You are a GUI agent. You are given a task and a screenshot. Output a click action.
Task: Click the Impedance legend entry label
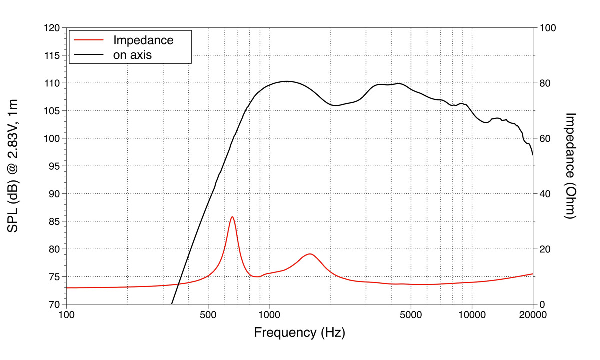143,40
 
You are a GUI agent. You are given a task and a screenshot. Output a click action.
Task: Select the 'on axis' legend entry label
132,55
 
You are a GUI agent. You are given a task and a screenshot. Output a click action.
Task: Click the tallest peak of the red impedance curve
232,217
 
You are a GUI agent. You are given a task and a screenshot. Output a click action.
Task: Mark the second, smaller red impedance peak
310,254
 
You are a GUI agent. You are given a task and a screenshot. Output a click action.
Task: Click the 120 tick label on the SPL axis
52,28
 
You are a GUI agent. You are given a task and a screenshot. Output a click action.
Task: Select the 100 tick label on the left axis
52,138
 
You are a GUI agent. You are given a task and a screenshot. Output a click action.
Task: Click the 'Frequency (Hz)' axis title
299,332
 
